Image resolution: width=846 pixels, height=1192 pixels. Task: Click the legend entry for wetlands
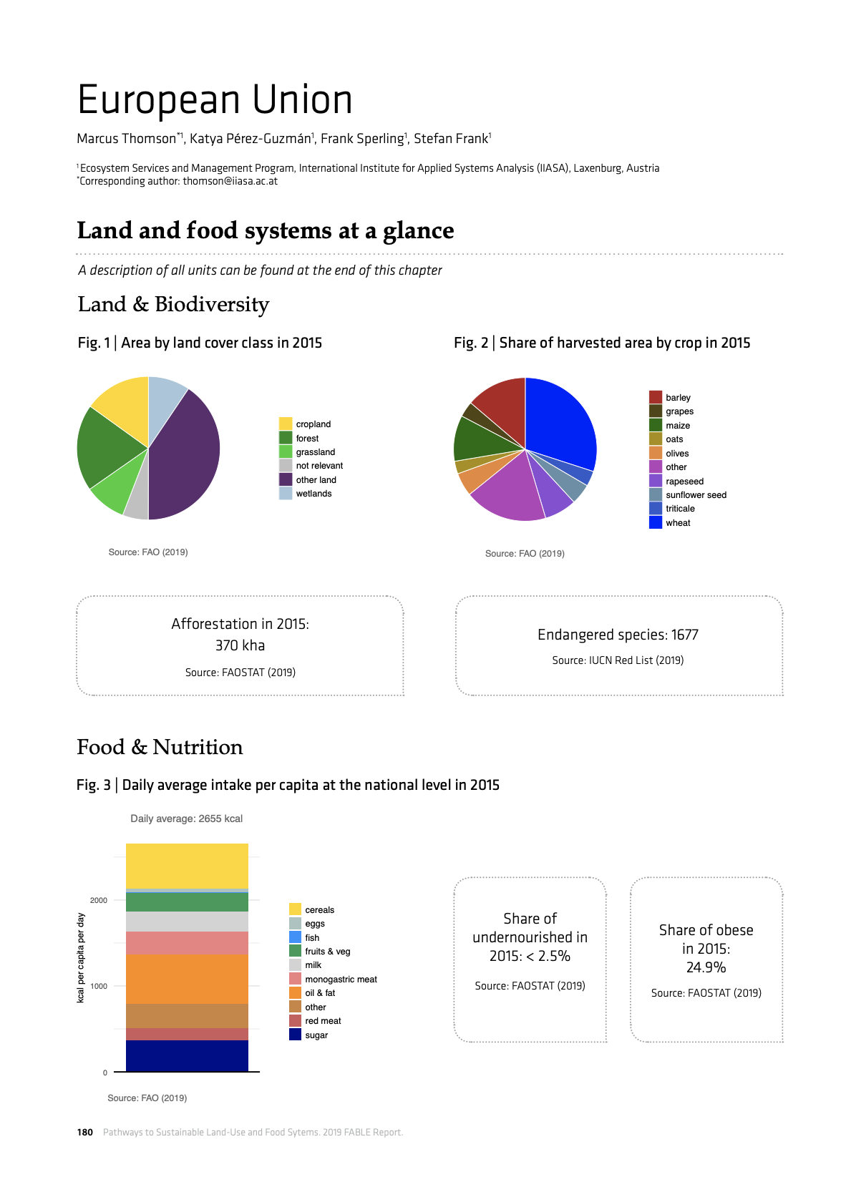pos(313,494)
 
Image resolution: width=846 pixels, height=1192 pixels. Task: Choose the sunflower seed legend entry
pos(696,495)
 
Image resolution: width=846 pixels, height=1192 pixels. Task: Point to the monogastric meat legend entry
pos(341,980)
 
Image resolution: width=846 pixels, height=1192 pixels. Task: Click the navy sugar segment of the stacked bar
pos(187,1055)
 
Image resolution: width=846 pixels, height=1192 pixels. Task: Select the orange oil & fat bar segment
pos(187,979)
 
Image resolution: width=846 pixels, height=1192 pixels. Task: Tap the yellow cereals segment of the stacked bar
pos(187,866)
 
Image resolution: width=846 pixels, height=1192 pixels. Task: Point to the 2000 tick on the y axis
pos(99,900)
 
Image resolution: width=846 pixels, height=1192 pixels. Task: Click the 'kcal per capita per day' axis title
pos(81,958)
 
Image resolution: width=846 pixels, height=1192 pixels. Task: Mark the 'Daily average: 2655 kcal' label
pos(186,819)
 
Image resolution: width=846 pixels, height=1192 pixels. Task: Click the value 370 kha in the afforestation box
pos(240,645)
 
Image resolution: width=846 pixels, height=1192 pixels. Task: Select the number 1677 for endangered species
pos(684,635)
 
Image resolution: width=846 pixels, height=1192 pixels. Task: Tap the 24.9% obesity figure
pos(706,967)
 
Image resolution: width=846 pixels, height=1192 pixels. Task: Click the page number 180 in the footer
pos(85,1132)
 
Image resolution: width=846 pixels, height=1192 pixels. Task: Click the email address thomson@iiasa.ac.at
pos(230,181)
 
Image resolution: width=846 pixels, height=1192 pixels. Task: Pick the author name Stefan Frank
pos(451,139)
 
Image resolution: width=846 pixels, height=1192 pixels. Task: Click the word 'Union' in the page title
pos(301,100)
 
